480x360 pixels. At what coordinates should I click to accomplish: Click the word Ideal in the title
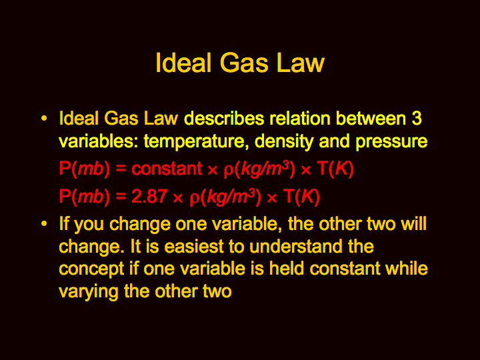coord(183,63)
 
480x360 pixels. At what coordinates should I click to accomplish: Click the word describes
coord(224,118)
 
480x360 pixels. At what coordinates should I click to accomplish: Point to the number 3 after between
coord(417,118)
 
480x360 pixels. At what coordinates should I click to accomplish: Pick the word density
coord(284,142)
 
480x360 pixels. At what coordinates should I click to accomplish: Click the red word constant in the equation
coord(167,169)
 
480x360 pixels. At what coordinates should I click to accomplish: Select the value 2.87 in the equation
coord(149,196)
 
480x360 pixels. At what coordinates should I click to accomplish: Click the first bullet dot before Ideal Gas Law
coord(45,119)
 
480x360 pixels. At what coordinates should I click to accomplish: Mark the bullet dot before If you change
coord(45,224)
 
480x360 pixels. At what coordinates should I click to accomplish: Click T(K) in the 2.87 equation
coord(301,197)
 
